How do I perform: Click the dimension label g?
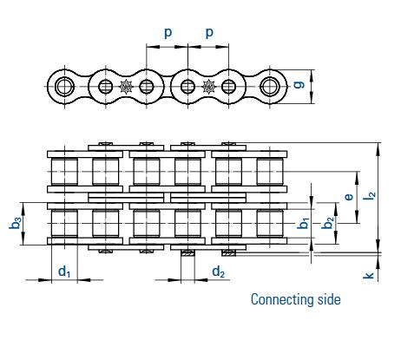pyautogui.click(x=299, y=84)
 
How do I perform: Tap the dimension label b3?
pyautogui.click(x=15, y=223)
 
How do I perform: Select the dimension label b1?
pyautogui.click(x=303, y=223)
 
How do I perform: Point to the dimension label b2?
pyautogui.click(x=328, y=223)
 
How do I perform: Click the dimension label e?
pyautogui.click(x=349, y=197)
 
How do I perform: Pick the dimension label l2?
pyautogui.click(x=370, y=195)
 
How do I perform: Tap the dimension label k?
pyautogui.click(x=369, y=276)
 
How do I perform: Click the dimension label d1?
pyautogui.click(x=64, y=272)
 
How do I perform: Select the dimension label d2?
pyautogui.click(x=218, y=272)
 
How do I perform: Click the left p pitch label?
pyautogui.click(x=168, y=33)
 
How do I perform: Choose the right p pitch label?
pyautogui.click(x=209, y=33)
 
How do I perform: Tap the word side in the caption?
pyautogui.click(x=329, y=299)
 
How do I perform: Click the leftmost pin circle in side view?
pyautogui.click(x=64, y=87)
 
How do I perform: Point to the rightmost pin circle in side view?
pyautogui.click(x=270, y=86)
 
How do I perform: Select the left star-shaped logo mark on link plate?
pyautogui.click(x=126, y=86)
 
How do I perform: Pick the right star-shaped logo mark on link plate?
pyautogui.click(x=208, y=86)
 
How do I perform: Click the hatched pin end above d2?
pyautogui.click(x=187, y=253)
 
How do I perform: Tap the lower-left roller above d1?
pyautogui.click(x=64, y=223)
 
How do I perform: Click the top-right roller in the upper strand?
pyautogui.click(x=270, y=172)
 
